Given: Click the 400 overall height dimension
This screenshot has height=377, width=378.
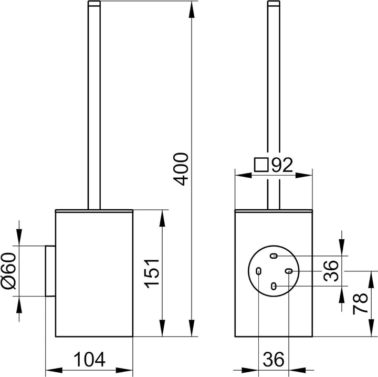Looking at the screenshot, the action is click(x=181, y=169).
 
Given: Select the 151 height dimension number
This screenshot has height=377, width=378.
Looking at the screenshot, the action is click(x=152, y=273).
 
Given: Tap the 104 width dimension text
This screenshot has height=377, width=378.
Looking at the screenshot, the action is click(x=89, y=360).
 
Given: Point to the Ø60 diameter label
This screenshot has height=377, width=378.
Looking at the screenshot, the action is click(x=8, y=270).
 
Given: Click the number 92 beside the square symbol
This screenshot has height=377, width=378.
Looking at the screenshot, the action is click(x=282, y=165).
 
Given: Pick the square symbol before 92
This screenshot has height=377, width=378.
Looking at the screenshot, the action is click(x=261, y=165).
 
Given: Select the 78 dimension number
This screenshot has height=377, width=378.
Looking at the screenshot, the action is click(x=360, y=303).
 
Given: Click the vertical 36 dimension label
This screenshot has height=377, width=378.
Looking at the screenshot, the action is click(x=331, y=271).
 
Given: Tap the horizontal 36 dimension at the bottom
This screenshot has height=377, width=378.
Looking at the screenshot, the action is click(x=274, y=359).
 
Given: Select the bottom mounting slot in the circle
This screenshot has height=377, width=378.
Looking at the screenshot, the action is click(x=274, y=286).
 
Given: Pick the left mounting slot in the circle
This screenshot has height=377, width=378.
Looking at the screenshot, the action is click(x=258, y=271).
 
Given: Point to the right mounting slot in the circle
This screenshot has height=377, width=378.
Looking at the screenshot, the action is click(x=289, y=271).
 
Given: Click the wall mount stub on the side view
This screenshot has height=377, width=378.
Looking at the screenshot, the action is click(x=50, y=271).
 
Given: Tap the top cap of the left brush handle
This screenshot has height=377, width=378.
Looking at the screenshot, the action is click(x=94, y=3).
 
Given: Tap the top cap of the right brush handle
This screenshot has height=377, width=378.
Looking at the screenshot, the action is click(x=274, y=3).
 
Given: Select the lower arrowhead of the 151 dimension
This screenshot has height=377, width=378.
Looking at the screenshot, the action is click(x=162, y=328).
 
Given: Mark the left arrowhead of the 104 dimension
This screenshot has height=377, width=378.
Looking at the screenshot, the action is click(x=54, y=370).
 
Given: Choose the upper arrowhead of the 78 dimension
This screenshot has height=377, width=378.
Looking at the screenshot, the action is click(x=372, y=279).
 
